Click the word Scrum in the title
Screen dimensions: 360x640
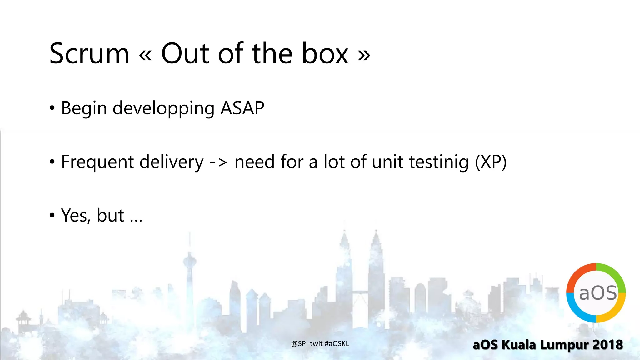coord(89,54)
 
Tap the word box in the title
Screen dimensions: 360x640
coord(325,54)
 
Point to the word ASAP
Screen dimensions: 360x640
coord(242,108)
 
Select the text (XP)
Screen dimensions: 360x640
coord(491,162)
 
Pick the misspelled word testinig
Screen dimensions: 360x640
coord(439,162)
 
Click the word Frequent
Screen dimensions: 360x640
coord(97,162)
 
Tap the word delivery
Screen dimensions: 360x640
coord(171,162)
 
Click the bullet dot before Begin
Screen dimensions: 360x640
coord(52,108)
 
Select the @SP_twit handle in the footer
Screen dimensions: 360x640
coord(307,344)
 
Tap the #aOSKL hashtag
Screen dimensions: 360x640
coord(337,344)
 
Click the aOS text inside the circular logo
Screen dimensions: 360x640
coord(598,293)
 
